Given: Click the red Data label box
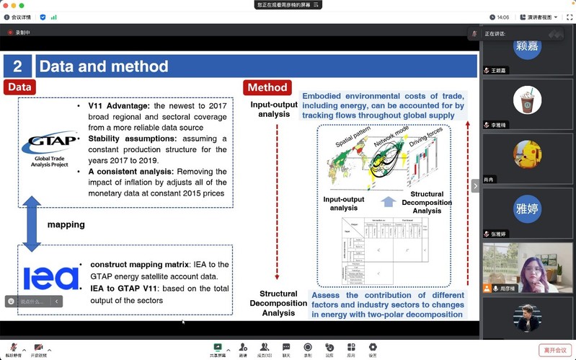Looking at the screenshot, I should (19, 87).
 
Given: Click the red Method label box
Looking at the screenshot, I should (267, 87).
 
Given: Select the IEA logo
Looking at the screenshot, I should (50, 278).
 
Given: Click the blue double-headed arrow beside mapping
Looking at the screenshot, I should (32, 224).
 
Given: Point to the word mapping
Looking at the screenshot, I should (66, 224).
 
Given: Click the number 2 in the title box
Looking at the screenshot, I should (17, 67).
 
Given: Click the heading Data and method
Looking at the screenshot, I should (103, 67).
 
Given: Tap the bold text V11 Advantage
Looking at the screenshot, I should (119, 106).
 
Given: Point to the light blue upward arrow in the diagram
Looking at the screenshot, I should (389, 201).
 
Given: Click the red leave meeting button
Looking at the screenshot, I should (556, 350).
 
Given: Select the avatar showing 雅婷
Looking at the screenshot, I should (527, 209).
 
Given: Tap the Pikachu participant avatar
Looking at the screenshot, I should (527, 154).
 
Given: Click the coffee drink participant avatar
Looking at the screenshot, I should (527, 100).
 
